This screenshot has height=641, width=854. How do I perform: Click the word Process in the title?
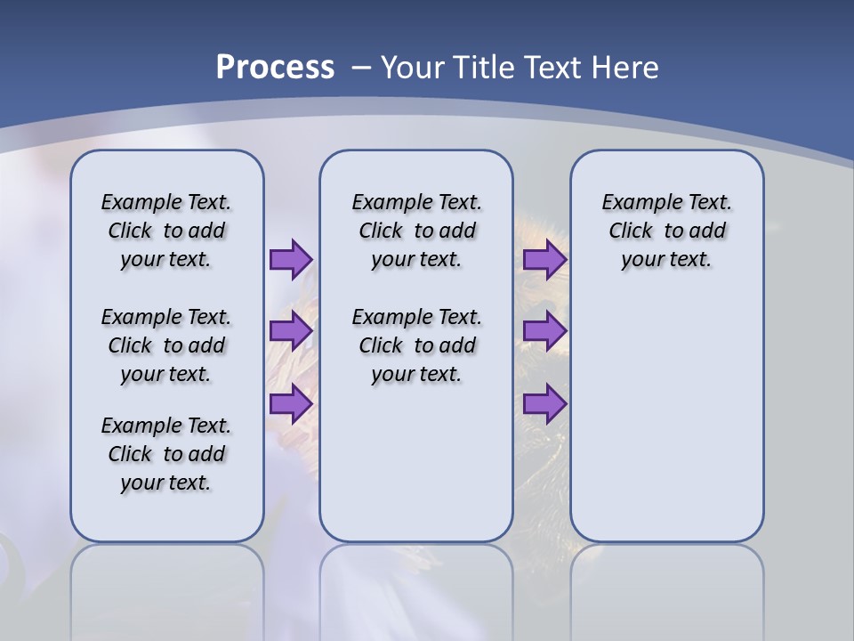pos(275,67)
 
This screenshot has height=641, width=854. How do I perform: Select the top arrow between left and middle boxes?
pos(290,259)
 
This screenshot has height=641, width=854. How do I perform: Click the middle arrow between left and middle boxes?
pos(290,331)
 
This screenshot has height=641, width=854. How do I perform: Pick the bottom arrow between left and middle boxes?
pos(290,404)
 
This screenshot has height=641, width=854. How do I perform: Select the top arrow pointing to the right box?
pos(544,259)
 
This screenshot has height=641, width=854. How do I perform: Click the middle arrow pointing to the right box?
pos(544,331)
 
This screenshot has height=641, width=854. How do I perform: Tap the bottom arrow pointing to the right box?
pos(544,404)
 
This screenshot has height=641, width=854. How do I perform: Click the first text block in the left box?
pos(166,231)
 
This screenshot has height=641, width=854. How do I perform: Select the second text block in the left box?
pos(166,345)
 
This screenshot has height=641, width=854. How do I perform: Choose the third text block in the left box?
pos(166,454)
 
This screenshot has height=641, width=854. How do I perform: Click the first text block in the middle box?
pos(416,231)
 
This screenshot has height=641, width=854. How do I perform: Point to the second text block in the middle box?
pos(416,345)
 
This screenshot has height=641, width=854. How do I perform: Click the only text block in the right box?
pos(666,231)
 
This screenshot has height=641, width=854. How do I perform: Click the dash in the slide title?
pos(361,67)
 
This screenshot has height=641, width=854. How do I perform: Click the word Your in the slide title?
pos(414,67)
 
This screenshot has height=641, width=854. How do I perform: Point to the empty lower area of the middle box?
pos(416,463)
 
